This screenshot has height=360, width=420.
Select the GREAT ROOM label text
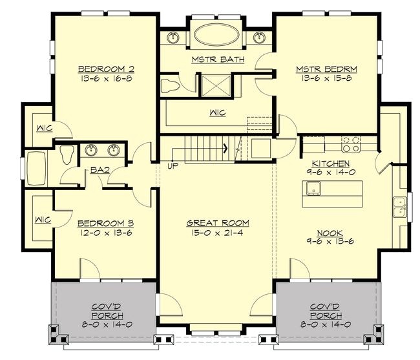coord(217,223)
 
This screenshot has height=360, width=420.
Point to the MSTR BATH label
coord(216,59)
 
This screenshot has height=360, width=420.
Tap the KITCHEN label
coord(331,164)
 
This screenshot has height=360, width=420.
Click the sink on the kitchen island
coord(313,189)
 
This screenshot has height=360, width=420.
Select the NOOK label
coord(331,232)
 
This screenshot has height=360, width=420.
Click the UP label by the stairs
coord(173,166)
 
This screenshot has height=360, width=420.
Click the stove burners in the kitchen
coord(350,142)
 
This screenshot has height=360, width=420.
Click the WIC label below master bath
coord(217,112)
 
